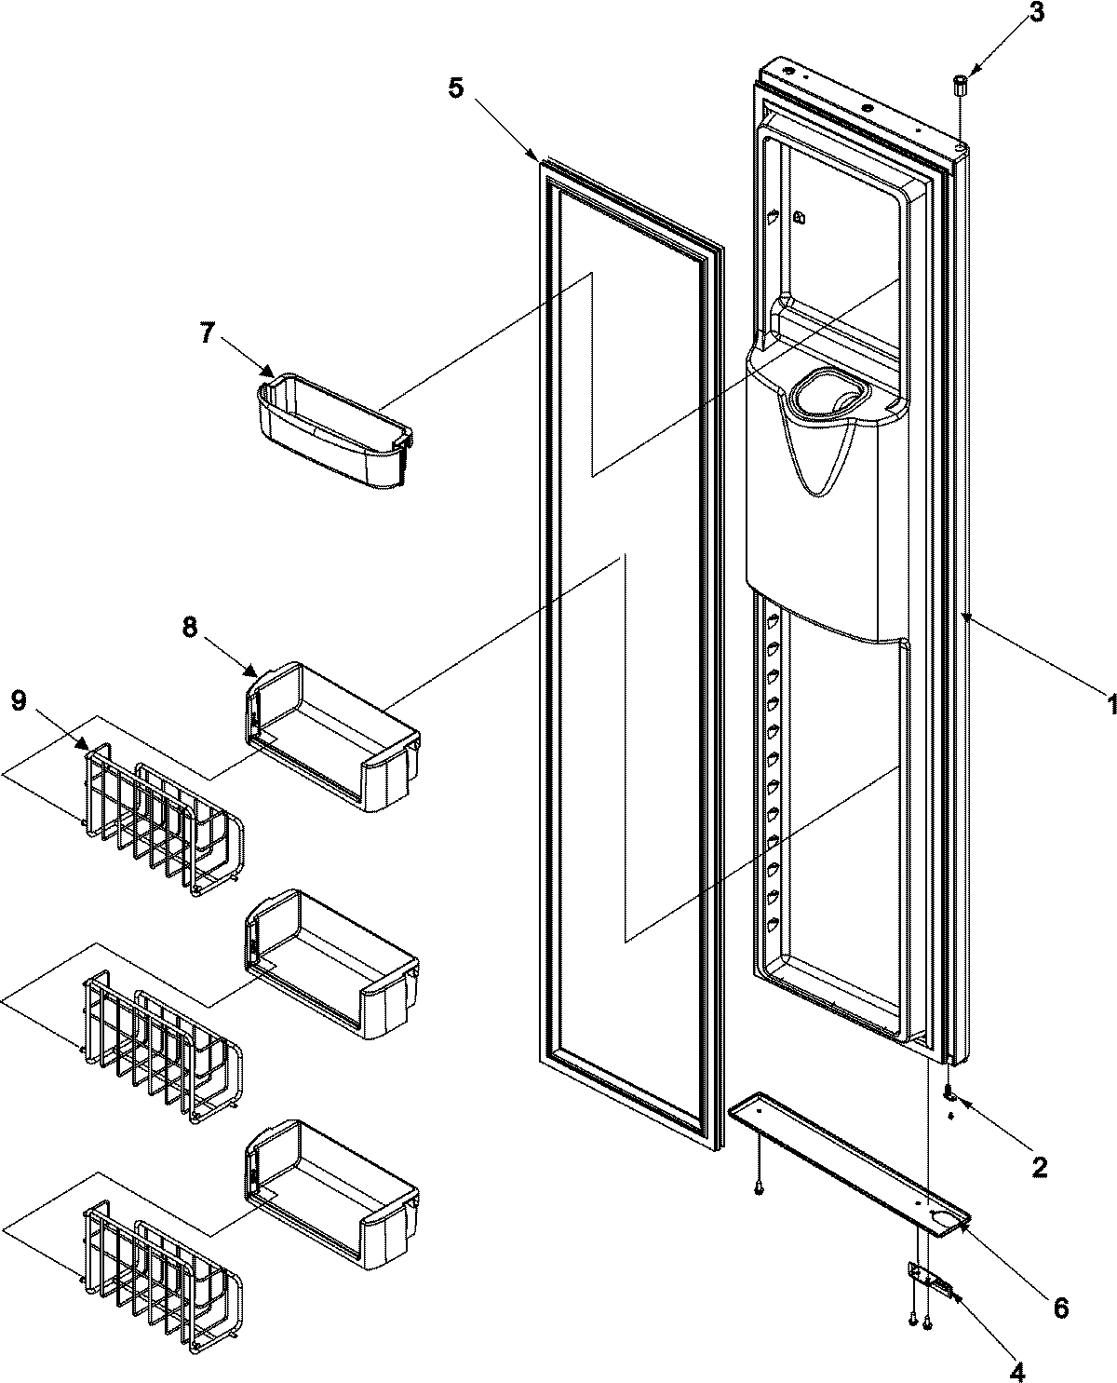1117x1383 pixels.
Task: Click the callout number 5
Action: [455, 88]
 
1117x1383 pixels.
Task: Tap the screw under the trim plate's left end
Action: [760, 1189]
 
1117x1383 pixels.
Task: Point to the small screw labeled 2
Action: [949, 1091]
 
